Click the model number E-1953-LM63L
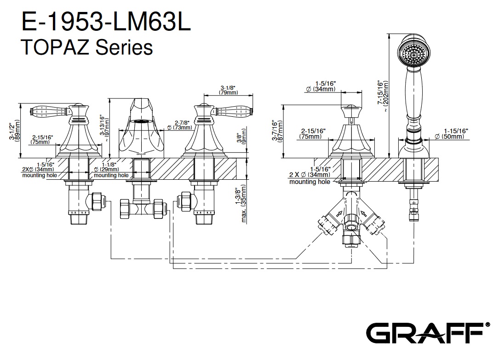[x=106, y=22]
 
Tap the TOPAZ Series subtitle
[x=87, y=47]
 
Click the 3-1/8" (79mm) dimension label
[x=229, y=90]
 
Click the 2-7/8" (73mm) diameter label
[x=180, y=125]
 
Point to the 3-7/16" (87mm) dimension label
[x=276, y=131]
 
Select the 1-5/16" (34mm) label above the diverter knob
[x=321, y=86]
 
